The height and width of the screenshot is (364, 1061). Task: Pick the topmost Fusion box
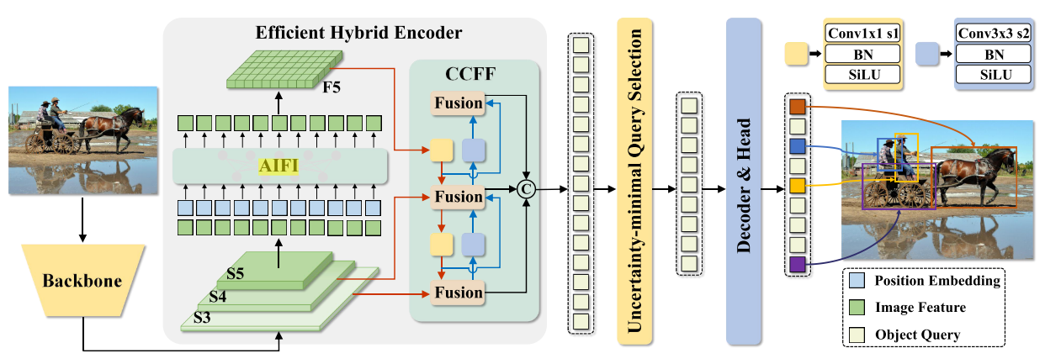(x=459, y=103)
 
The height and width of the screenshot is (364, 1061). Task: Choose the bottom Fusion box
(x=459, y=293)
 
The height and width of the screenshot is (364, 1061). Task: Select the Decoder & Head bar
(x=742, y=180)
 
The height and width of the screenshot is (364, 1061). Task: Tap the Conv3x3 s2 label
(x=994, y=34)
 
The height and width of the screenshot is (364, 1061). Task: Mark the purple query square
(x=798, y=266)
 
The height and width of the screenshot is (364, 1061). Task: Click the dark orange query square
(x=798, y=107)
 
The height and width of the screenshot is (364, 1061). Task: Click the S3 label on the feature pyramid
(x=201, y=317)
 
